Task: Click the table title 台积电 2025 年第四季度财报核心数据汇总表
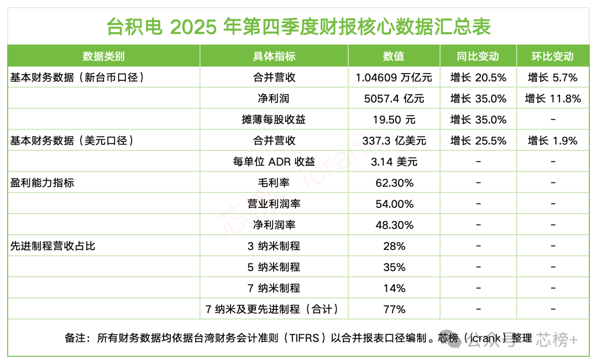[298, 26]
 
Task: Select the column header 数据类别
[103, 56]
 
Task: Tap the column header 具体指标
[274, 56]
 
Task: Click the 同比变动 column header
[478, 56]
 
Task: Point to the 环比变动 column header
[553, 56]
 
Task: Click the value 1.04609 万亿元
[394, 77]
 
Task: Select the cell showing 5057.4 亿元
[394, 98]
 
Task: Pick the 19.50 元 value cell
[394, 119]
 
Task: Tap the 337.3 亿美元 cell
[394, 141]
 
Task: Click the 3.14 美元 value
[394, 162]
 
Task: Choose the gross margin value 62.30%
[394, 183]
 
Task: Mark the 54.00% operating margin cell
[394, 204]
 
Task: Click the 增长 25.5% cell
[478, 141]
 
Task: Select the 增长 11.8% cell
[553, 98]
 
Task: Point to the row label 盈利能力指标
[42, 183]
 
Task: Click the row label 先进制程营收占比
[53, 246]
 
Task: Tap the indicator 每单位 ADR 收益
[274, 162]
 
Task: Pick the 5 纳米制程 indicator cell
[274, 267]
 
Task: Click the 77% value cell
[394, 309]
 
